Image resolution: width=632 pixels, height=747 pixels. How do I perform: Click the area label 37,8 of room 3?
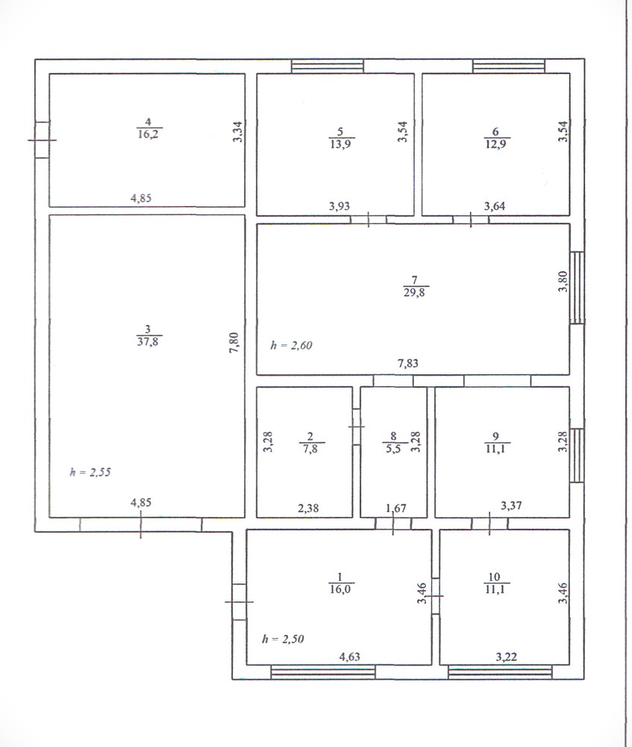point(148,341)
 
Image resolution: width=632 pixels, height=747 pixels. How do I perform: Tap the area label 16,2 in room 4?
point(148,134)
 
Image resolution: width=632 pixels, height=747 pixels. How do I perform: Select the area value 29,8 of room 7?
point(414,292)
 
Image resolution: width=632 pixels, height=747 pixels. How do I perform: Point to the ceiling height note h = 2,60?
point(291,345)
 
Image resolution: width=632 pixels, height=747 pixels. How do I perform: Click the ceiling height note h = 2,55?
point(90,471)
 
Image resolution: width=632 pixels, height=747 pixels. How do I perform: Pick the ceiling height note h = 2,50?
point(283,639)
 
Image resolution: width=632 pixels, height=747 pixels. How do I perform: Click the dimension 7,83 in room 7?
point(408,363)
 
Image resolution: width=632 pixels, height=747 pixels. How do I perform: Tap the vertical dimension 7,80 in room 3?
point(234,343)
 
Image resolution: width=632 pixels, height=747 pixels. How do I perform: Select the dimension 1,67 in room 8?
point(396,508)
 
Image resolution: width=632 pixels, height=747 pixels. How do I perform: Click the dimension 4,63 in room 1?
point(349,657)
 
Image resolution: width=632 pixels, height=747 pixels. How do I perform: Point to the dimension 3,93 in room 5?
point(340,206)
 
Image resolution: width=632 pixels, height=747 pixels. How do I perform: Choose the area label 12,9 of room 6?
point(495,143)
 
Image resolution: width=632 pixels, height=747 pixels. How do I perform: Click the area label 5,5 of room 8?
point(393,448)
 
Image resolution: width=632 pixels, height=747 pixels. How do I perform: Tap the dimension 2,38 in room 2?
point(308,508)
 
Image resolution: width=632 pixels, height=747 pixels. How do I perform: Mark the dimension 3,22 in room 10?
point(507,657)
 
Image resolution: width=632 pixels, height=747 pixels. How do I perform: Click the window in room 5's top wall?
point(328,66)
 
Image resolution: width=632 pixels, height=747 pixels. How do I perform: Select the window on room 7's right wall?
point(577,288)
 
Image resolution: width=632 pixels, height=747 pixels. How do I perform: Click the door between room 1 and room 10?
point(436,596)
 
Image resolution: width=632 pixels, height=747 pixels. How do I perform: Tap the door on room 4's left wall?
point(43,140)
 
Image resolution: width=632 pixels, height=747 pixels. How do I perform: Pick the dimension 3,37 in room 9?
point(511,505)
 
